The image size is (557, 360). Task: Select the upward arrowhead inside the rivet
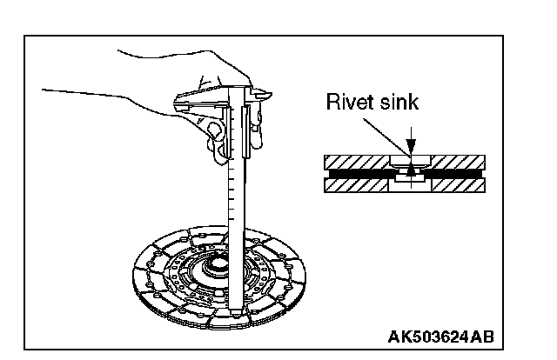click(x=410, y=175)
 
